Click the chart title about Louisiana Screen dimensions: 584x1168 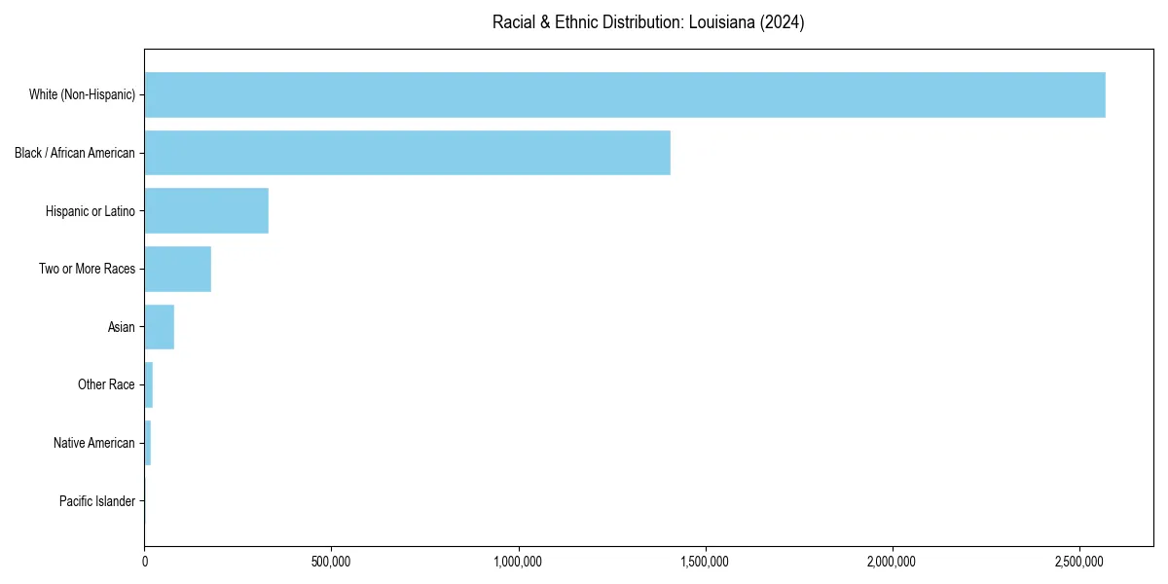tap(647, 22)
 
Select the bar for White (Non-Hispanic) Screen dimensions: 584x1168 tap(625, 94)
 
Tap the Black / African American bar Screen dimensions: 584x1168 tap(407, 153)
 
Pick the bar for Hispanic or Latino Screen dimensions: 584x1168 tap(206, 211)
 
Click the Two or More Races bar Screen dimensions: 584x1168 tap(178, 269)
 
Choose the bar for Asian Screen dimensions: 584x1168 tap(160, 327)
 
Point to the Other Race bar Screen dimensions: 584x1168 tap(149, 384)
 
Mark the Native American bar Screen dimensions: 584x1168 tap(148, 443)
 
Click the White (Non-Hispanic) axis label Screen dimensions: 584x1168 tap(82, 94)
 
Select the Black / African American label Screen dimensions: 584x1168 tap(75, 153)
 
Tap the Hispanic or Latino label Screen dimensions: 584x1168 tap(91, 211)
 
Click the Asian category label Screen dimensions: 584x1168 tap(122, 327)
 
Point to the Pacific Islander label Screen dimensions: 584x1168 tap(97, 501)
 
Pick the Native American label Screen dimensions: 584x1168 tap(94, 443)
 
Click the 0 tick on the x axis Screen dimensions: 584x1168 tap(145, 562)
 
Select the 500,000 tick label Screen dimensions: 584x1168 tap(332, 562)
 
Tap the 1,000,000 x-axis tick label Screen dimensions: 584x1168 tap(519, 562)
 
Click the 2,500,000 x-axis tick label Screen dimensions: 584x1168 tap(1079, 562)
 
